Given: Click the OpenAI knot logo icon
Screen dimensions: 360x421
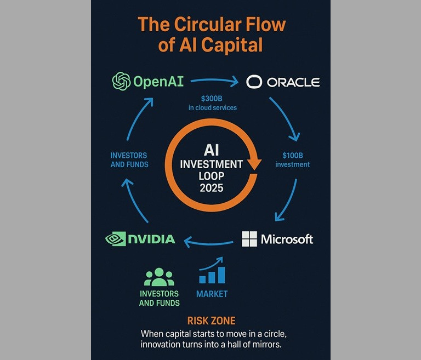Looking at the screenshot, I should (121, 82).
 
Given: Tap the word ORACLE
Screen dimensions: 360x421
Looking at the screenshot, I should (293, 82).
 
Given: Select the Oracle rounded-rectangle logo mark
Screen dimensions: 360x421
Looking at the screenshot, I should (255, 82).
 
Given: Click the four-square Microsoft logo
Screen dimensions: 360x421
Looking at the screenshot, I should (249, 239).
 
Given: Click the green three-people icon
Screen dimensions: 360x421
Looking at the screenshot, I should (159, 278).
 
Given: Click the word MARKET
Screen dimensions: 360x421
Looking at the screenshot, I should (212, 294).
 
